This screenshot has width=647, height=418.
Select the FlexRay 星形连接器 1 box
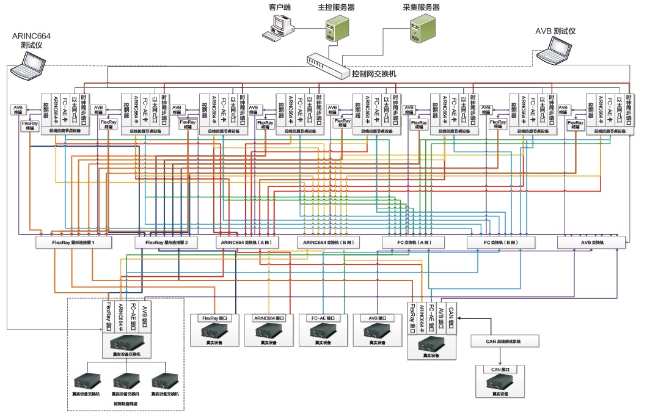coord(73,243)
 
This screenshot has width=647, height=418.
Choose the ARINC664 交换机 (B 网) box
coord(327,243)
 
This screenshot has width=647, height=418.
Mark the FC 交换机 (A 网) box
coord(414,243)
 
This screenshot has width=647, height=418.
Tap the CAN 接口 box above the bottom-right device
coord(500,369)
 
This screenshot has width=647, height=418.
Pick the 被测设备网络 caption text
coord(125,404)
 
